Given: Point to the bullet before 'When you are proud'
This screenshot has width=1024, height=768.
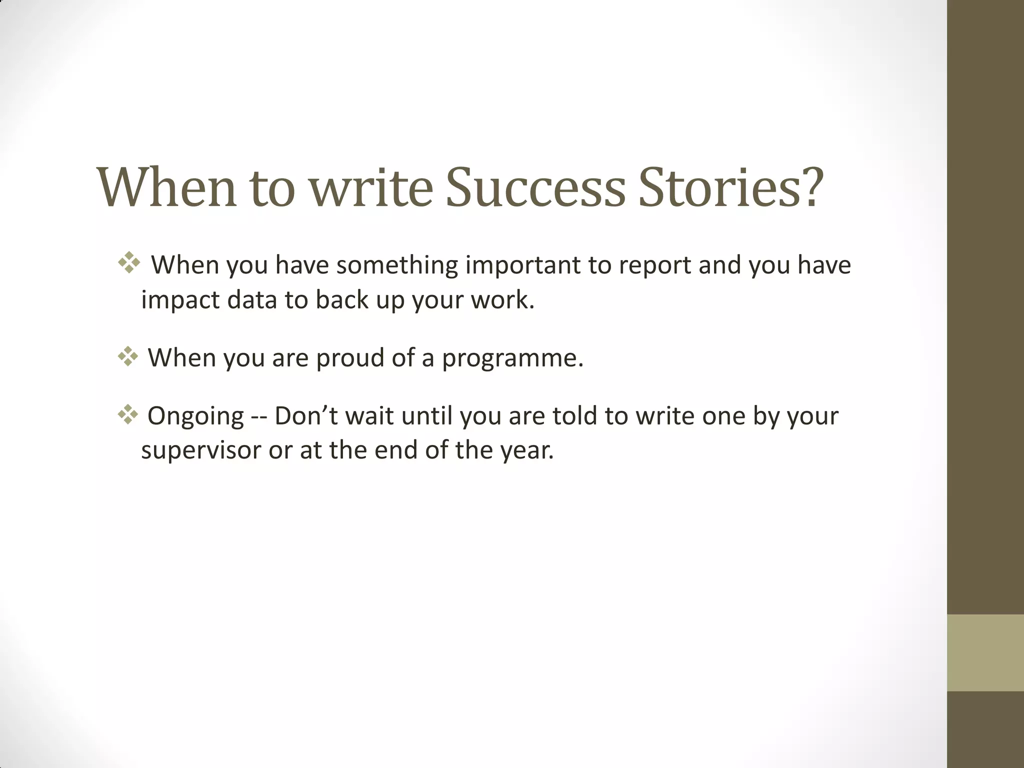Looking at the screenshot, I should (128, 356).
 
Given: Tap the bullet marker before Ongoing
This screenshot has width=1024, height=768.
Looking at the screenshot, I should (128, 415).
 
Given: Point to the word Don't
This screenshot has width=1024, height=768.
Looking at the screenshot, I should (305, 416).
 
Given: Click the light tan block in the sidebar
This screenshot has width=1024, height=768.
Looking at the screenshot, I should (985, 652).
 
